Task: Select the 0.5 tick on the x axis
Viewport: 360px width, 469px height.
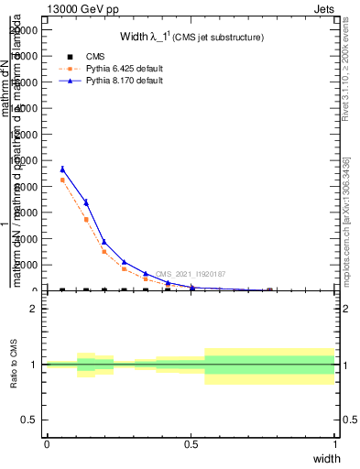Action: [x=191, y=444]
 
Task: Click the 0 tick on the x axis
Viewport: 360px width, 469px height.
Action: [x=47, y=444]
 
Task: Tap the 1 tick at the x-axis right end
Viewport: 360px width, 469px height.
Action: [x=335, y=444]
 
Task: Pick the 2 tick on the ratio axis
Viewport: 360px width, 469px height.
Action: [x=33, y=309]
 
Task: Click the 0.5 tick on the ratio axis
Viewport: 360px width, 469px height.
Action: [x=30, y=420]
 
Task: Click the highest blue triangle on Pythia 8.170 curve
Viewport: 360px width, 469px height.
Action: [x=62, y=169]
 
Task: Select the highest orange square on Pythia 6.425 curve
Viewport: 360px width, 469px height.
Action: [x=62, y=180]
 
